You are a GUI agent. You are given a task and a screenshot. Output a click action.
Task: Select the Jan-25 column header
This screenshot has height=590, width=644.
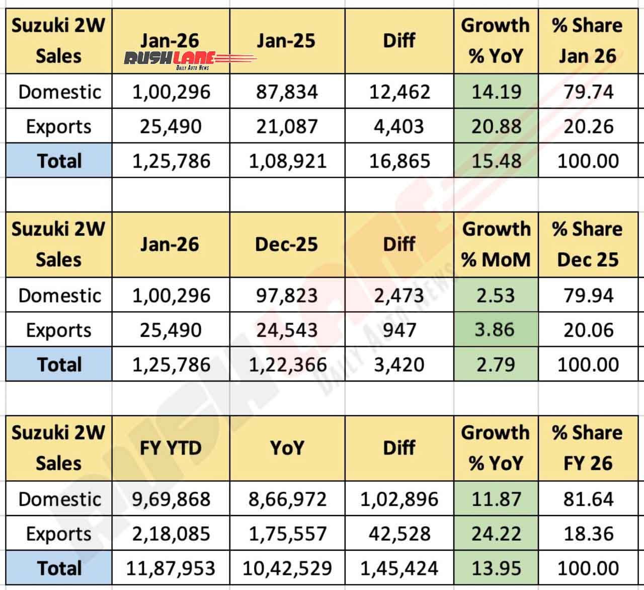pyautogui.click(x=286, y=40)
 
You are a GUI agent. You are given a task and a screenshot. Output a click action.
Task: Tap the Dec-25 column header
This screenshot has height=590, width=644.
pyautogui.click(x=286, y=244)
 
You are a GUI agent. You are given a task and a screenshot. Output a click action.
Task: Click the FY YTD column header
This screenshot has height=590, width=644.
pyautogui.click(x=171, y=448)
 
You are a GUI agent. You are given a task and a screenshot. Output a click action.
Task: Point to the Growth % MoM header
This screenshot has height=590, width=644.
pyautogui.click(x=496, y=244)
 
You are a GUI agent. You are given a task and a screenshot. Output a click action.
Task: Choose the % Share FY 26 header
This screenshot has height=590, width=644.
pyautogui.click(x=588, y=448)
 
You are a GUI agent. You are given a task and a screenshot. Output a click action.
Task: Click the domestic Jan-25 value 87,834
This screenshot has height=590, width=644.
pyautogui.click(x=286, y=92)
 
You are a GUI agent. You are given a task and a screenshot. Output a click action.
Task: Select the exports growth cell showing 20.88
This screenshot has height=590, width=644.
pyautogui.click(x=496, y=126)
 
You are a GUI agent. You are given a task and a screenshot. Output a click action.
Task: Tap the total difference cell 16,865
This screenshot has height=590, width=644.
pyautogui.click(x=399, y=161)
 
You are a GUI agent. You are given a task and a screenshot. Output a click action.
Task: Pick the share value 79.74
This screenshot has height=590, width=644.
pyautogui.click(x=588, y=92)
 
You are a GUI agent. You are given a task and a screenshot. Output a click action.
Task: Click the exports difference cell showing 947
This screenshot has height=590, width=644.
pyautogui.click(x=399, y=330)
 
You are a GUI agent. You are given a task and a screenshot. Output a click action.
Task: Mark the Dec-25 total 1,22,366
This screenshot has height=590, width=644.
pyautogui.click(x=287, y=364)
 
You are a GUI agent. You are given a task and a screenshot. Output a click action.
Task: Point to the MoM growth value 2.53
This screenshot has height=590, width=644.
pyautogui.click(x=496, y=295)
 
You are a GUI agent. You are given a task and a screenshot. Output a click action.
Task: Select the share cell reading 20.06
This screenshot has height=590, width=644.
pyautogui.click(x=588, y=330)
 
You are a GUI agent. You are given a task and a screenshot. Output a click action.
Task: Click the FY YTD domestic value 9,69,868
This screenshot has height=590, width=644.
pyautogui.click(x=171, y=499)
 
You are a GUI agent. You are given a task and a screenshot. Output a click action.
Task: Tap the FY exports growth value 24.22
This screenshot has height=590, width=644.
pyautogui.click(x=496, y=534)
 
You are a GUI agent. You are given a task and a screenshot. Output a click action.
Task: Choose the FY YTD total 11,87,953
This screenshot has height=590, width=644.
pyautogui.click(x=171, y=568)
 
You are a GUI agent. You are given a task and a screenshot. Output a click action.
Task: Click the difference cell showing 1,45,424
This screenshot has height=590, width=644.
pyautogui.click(x=399, y=568)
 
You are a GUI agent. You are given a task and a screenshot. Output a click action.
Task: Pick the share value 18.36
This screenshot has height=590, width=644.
pyautogui.click(x=588, y=534)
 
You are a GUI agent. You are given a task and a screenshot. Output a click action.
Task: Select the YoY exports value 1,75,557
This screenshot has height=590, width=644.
pyautogui.click(x=286, y=534)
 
